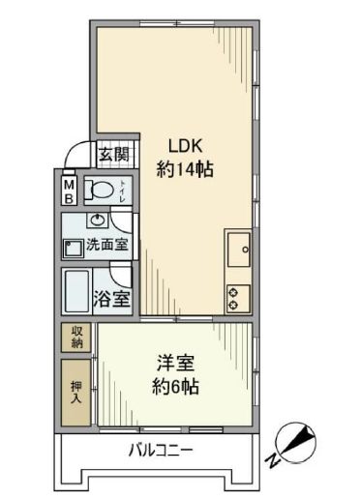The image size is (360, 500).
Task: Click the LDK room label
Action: [185, 146]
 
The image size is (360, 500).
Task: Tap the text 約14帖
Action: [185, 168]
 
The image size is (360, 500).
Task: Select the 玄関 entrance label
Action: [113, 154]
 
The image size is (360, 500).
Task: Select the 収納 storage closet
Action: [75, 338]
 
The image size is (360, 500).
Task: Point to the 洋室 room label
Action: [177, 366]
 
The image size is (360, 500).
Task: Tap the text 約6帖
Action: [177, 388]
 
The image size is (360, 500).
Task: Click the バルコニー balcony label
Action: [161, 450]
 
